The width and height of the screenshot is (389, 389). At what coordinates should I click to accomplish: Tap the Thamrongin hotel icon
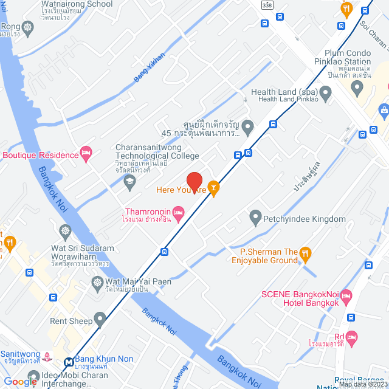point(178,212)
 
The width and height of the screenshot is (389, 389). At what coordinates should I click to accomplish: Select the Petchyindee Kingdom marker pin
point(255,216)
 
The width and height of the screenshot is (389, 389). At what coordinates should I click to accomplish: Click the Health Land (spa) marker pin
point(326,94)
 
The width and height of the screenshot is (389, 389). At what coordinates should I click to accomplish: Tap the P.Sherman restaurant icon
point(306,252)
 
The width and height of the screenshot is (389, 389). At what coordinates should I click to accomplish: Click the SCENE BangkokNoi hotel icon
point(346,297)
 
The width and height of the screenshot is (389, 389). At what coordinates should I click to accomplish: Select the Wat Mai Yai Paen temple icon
point(97,282)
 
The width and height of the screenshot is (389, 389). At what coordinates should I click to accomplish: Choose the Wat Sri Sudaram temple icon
point(65,232)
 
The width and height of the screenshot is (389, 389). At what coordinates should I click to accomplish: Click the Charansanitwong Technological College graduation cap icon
point(129,181)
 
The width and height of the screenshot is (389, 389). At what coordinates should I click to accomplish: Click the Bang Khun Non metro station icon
point(69,362)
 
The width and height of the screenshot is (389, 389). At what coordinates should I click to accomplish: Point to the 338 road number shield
point(267,5)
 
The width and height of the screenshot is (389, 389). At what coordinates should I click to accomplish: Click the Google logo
point(20,381)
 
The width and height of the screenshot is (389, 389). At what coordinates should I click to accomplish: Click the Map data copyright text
point(363,384)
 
